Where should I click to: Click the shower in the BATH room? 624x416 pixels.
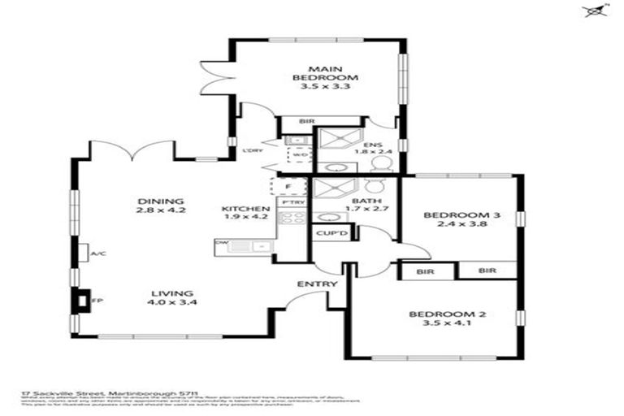point(331,190)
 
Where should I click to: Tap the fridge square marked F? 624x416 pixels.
point(288,187)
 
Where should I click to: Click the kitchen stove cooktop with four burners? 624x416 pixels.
point(292,219)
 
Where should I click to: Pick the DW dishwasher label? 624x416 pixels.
point(222,243)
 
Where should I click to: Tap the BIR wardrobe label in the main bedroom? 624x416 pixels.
point(306,122)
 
